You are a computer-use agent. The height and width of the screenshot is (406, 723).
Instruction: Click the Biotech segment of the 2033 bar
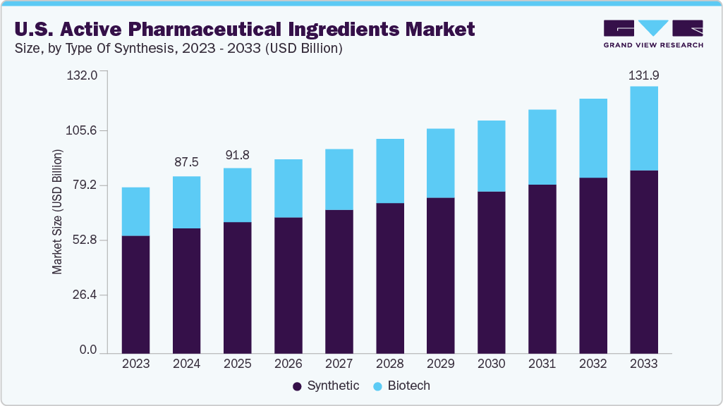point(643,128)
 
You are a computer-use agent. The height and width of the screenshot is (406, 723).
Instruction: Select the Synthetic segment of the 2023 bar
point(135,294)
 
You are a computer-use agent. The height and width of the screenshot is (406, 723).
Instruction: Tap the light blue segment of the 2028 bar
point(389,171)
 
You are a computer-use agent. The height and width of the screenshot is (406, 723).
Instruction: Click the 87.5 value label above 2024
point(186,162)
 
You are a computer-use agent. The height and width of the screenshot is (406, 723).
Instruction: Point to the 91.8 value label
point(237,154)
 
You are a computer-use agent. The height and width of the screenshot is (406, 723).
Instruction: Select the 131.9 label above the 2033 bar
point(643,75)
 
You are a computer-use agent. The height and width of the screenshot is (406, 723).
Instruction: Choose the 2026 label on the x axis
point(288,364)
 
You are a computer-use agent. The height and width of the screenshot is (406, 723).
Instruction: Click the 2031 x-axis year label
point(542,364)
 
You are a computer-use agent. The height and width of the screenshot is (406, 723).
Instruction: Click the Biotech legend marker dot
point(377,386)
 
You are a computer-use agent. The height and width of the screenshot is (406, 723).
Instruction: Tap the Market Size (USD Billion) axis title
point(56,211)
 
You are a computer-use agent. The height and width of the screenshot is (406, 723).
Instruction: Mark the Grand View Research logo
point(652,33)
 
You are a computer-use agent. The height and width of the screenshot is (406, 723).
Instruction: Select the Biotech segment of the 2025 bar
point(237,195)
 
